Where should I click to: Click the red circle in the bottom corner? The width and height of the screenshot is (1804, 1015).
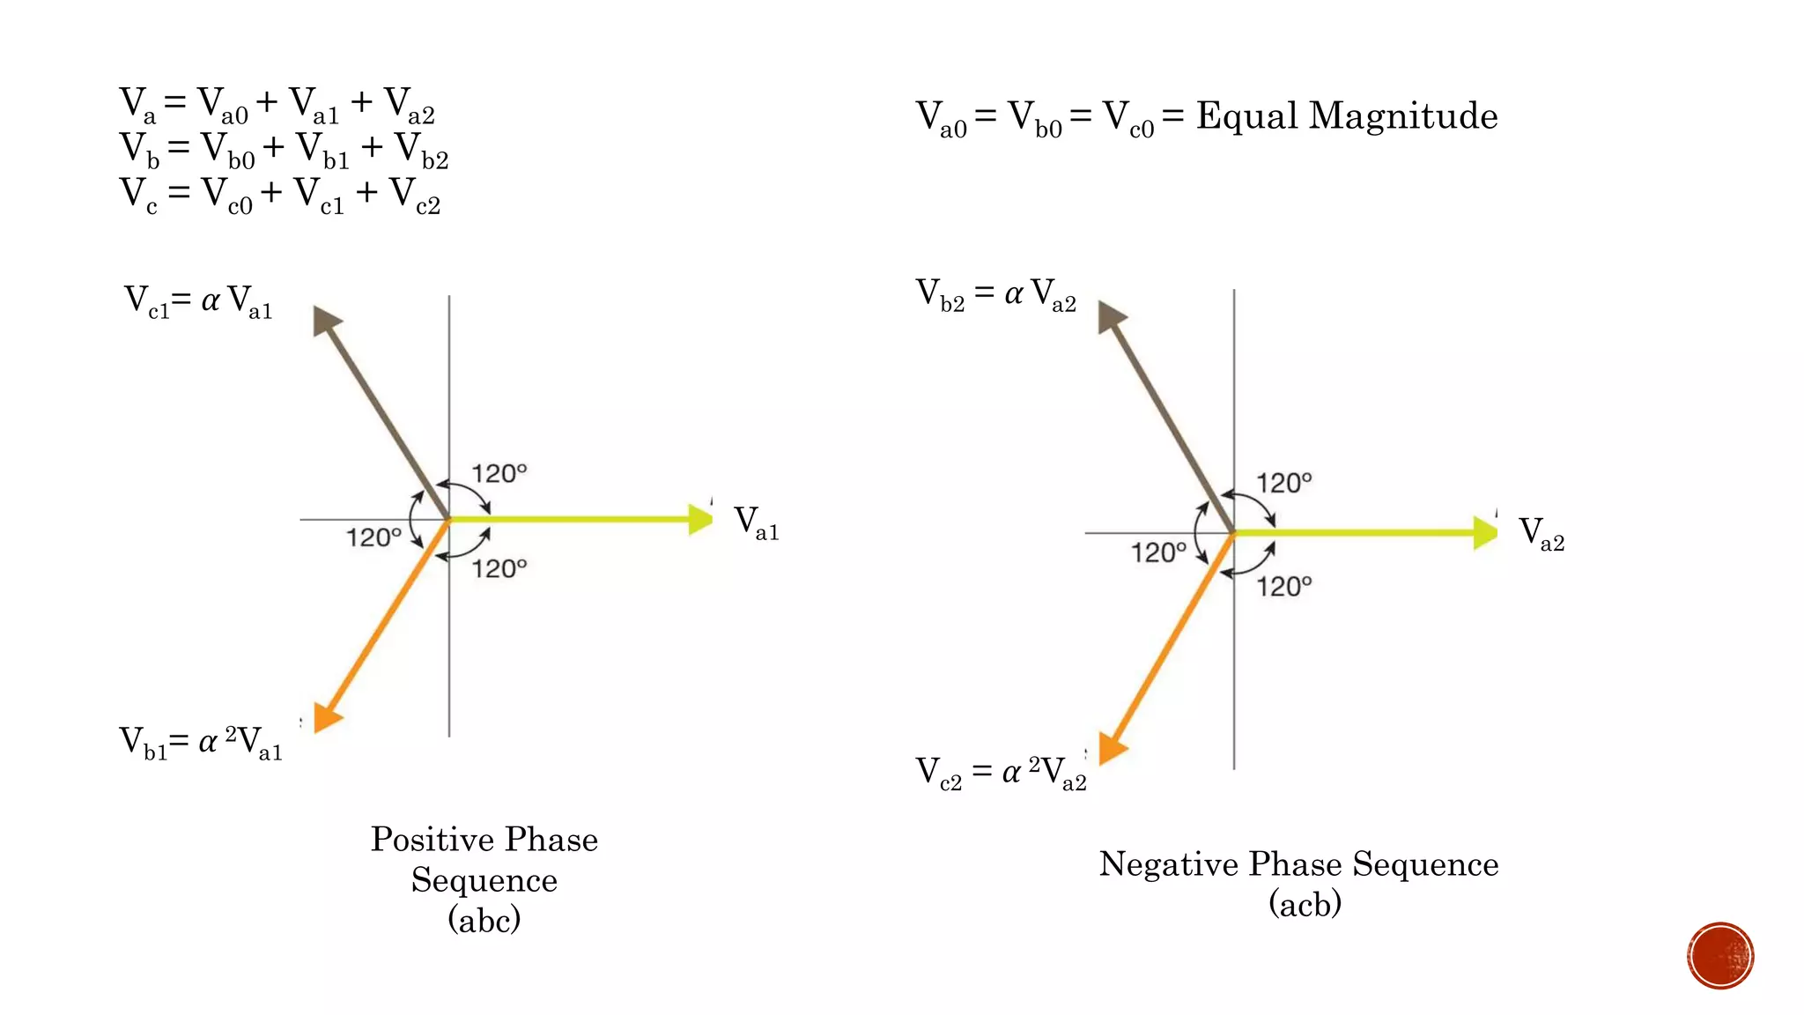tap(1720, 956)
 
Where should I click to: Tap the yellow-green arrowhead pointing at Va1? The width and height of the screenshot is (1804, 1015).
tap(700, 519)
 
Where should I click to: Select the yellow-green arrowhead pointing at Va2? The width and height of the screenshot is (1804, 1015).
tap(1485, 533)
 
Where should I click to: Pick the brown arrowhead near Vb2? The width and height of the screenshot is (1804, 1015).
tap(1110, 315)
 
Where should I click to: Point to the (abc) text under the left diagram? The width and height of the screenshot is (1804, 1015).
tap(484, 920)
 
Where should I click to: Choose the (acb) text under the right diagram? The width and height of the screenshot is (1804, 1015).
tap(1305, 903)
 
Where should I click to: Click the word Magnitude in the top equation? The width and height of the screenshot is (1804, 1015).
tap(1403, 116)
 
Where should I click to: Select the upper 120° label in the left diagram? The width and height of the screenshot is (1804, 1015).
tap(499, 474)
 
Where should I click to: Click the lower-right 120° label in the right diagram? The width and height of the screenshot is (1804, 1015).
tap(1283, 586)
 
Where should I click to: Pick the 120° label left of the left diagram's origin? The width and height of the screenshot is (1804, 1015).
tap(373, 537)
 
